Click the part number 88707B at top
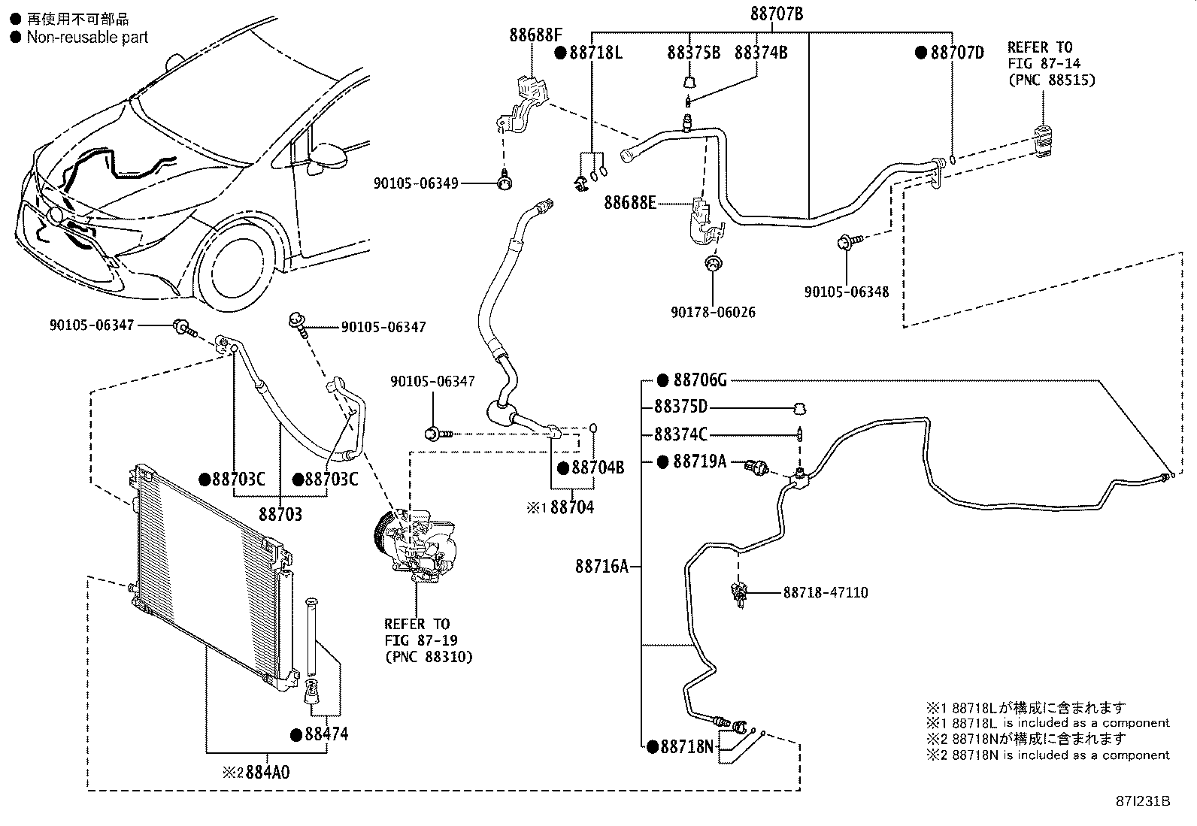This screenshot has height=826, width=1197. click(x=777, y=14)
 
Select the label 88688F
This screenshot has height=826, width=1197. click(x=535, y=35)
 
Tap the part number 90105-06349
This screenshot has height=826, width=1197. click(x=416, y=183)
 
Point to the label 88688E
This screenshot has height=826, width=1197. click(x=630, y=202)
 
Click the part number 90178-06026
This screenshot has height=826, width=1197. click(x=714, y=312)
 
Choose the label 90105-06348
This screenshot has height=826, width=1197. click(x=847, y=292)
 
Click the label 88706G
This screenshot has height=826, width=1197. click(x=700, y=380)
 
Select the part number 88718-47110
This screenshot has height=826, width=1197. click(x=826, y=592)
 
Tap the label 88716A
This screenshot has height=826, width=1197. click(x=602, y=567)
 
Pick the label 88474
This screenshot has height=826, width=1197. click(x=326, y=734)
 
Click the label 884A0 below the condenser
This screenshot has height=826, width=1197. click(x=267, y=772)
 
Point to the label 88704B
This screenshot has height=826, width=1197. click(x=598, y=467)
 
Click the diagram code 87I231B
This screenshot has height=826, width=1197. click(x=1143, y=801)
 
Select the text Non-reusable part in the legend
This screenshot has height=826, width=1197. click(x=87, y=38)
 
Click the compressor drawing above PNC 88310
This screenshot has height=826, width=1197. click(x=415, y=546)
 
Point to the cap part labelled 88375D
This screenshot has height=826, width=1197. click(x=799, y=409)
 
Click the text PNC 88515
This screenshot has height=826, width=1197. click(x=1052, y=80)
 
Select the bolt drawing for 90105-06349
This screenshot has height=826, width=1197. click(x=505, y=182)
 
